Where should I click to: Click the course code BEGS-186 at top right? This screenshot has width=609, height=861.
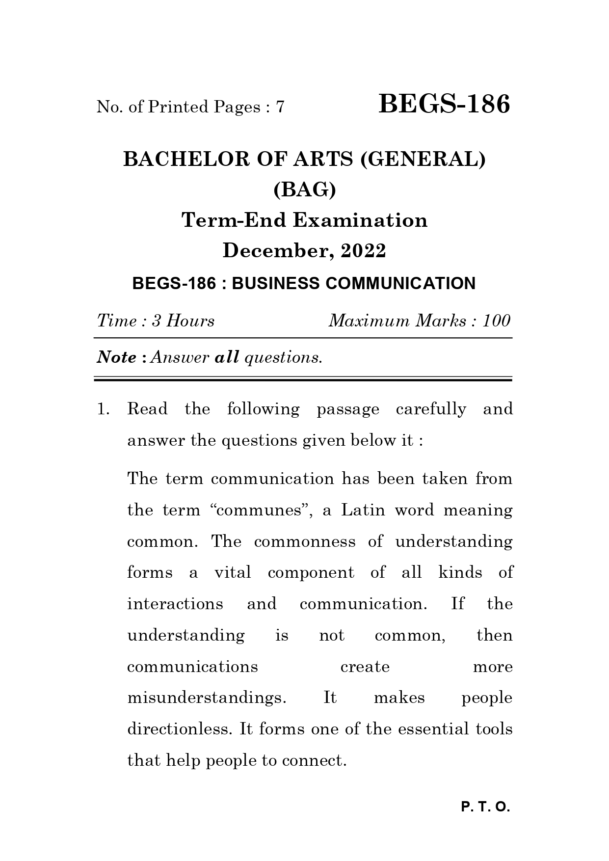pyautogui.click(x=444, y=105)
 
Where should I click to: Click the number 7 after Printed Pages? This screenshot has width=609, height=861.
pyautogui.click(x=280, y=107)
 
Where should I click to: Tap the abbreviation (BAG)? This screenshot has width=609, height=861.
pyautogui.click(x=304, y=189)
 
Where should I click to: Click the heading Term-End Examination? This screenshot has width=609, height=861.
pyautogui.click(x=304, y=220)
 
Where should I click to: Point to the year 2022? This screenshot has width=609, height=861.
pyautogui.click(x=363, y=251)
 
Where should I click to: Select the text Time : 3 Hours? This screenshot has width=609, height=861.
pyautogui.click(x=156, y=321)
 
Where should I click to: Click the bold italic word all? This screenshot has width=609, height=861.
pyautogui.click(x=227, y=357)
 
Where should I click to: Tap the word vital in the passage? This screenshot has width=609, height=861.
pyautogui.click(x=233, y=573)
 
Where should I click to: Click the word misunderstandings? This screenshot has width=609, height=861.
pyautogui.click(x=207, y=698)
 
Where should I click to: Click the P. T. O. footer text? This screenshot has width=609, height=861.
pyautogui.click(x=485, y=807)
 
